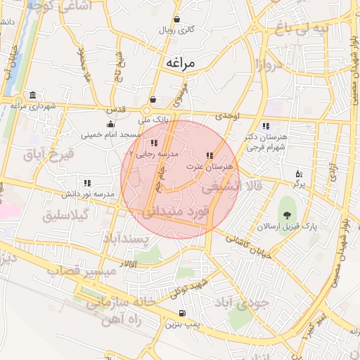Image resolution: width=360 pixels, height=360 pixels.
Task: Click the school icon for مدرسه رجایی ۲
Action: (x=154, y=143)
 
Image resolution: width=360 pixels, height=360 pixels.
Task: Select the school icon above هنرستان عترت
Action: (x=209, y=156)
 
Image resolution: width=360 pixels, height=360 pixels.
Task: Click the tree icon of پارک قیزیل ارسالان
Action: (x=286, y=216)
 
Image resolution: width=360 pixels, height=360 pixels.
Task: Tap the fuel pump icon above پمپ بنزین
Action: (x=183, y=314)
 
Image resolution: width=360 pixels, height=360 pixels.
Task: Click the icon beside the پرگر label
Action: (x=299, y=173)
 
